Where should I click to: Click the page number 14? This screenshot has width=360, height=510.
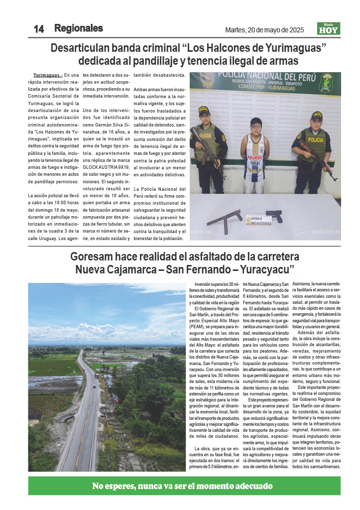point(39,29)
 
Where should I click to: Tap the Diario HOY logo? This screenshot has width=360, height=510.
point(328,29)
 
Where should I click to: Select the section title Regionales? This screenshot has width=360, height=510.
point(79,28)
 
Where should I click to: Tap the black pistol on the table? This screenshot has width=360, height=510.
point(275,215)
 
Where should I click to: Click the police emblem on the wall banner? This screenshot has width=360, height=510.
point(327,82)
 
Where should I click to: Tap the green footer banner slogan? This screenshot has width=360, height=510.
point(183,486)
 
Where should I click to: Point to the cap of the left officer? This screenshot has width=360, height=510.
point(204,110)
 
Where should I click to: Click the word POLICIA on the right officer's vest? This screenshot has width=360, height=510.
point(315,140)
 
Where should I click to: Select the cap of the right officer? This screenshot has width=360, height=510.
point(317,116)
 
